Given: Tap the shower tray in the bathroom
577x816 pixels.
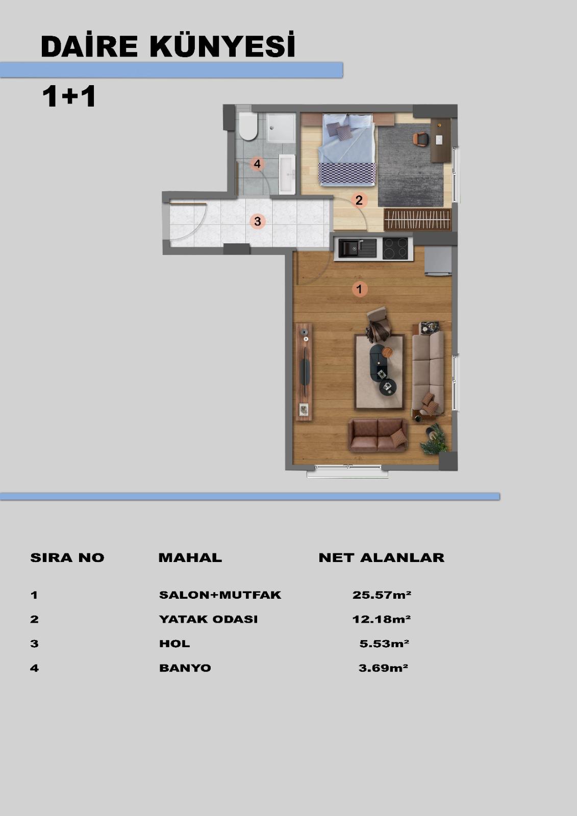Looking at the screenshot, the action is point(281,128).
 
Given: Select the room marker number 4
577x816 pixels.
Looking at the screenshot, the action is point(257,164).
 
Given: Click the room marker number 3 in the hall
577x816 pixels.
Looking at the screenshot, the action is point(257,221).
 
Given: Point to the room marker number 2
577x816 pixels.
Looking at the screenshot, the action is point(359,200).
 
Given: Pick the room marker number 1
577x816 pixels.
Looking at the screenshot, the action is point(359,289).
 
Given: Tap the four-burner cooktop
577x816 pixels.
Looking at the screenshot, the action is point(395,248).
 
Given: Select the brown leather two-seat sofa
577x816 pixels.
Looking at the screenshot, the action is point(378,436).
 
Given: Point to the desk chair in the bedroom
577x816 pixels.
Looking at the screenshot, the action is point(421,139).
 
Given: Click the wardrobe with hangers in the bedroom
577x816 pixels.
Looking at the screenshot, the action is point(418,219).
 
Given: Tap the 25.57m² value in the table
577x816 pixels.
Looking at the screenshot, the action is point(382,595).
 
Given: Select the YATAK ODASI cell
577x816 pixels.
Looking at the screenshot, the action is point(209,619).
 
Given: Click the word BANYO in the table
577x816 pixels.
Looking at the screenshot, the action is point(185,668).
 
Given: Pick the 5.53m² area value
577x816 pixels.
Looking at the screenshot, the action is point(384,644).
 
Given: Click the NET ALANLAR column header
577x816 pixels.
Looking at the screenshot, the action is point(381,558).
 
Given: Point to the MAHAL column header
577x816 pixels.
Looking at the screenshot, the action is point(190,558).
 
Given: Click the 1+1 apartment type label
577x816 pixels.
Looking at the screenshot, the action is point(69,96).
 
